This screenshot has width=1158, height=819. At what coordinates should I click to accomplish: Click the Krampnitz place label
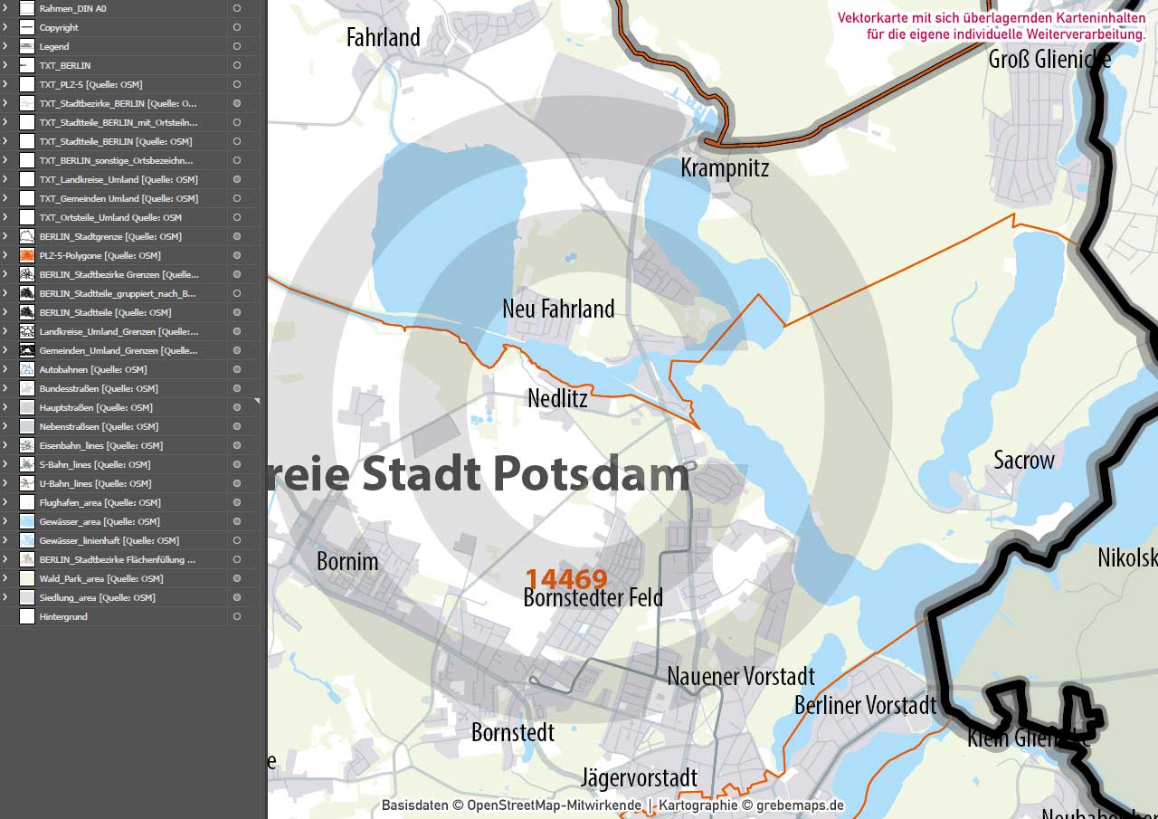coord(725,167)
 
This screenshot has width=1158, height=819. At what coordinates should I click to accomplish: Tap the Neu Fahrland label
coord(558,310)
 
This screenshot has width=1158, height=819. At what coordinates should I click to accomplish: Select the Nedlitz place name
coord(557,398)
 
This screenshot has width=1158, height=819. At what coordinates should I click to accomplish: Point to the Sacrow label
coord(1024,461)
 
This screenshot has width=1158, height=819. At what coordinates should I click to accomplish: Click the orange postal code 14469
coord(566,578)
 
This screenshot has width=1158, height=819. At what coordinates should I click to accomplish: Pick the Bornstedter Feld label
coord(593,598)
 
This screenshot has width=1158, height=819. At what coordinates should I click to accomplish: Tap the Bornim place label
coord(347,562)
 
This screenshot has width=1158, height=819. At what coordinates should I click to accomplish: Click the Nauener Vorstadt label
coord(741,676)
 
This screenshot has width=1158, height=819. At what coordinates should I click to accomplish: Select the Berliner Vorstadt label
coord(865,705)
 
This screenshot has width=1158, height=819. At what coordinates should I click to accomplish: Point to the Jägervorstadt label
coord(639,777)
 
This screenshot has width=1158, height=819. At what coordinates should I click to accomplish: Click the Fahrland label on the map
coord(384,38)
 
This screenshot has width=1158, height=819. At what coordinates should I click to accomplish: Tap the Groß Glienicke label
coord(1049,60)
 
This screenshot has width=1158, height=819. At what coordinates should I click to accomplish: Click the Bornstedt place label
coord(513,732)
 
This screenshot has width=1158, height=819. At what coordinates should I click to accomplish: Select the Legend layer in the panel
coord(54,46)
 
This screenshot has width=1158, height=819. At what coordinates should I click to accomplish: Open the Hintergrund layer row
coord(63,616)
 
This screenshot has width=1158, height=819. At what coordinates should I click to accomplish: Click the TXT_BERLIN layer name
coord(65,65)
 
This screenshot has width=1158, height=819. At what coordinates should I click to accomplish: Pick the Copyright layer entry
coord(59,27)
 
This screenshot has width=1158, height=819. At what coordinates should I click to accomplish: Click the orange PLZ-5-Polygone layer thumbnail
coord(27,255)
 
